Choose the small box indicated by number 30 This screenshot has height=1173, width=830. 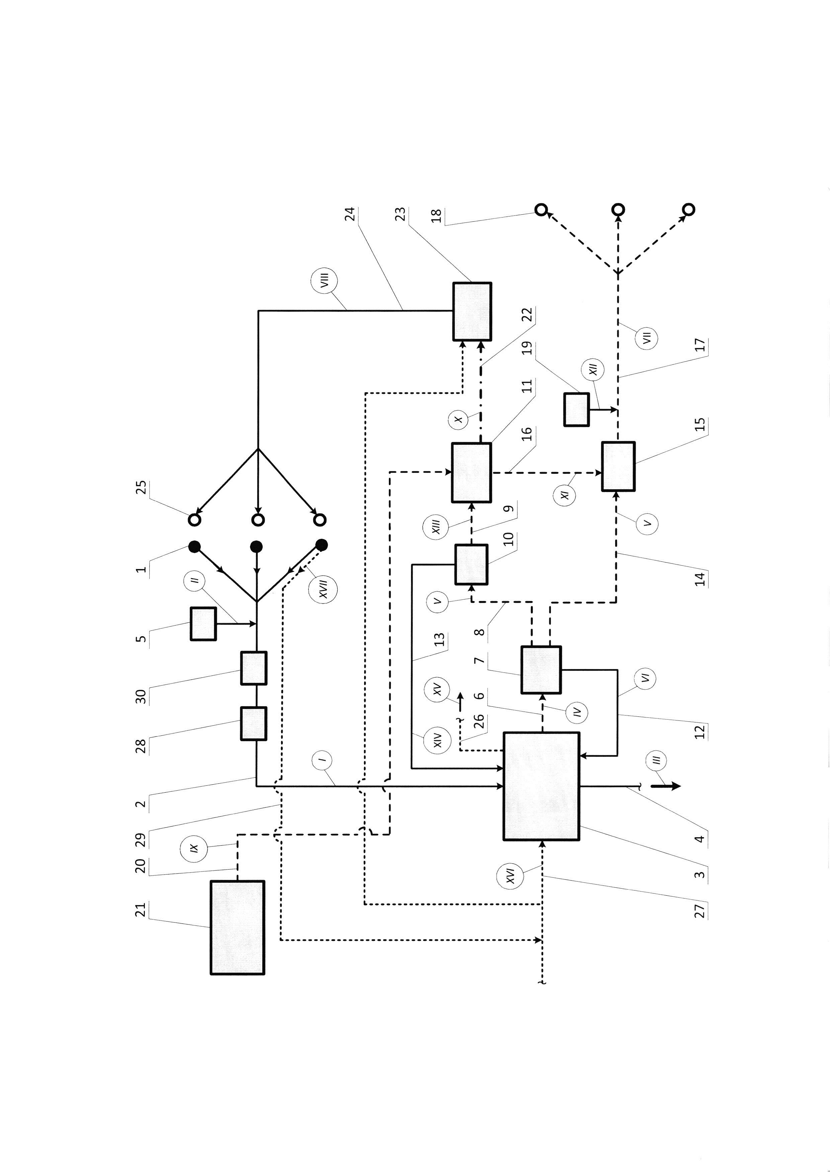pos(253,668)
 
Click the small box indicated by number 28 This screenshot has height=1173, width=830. pos(253,723)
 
